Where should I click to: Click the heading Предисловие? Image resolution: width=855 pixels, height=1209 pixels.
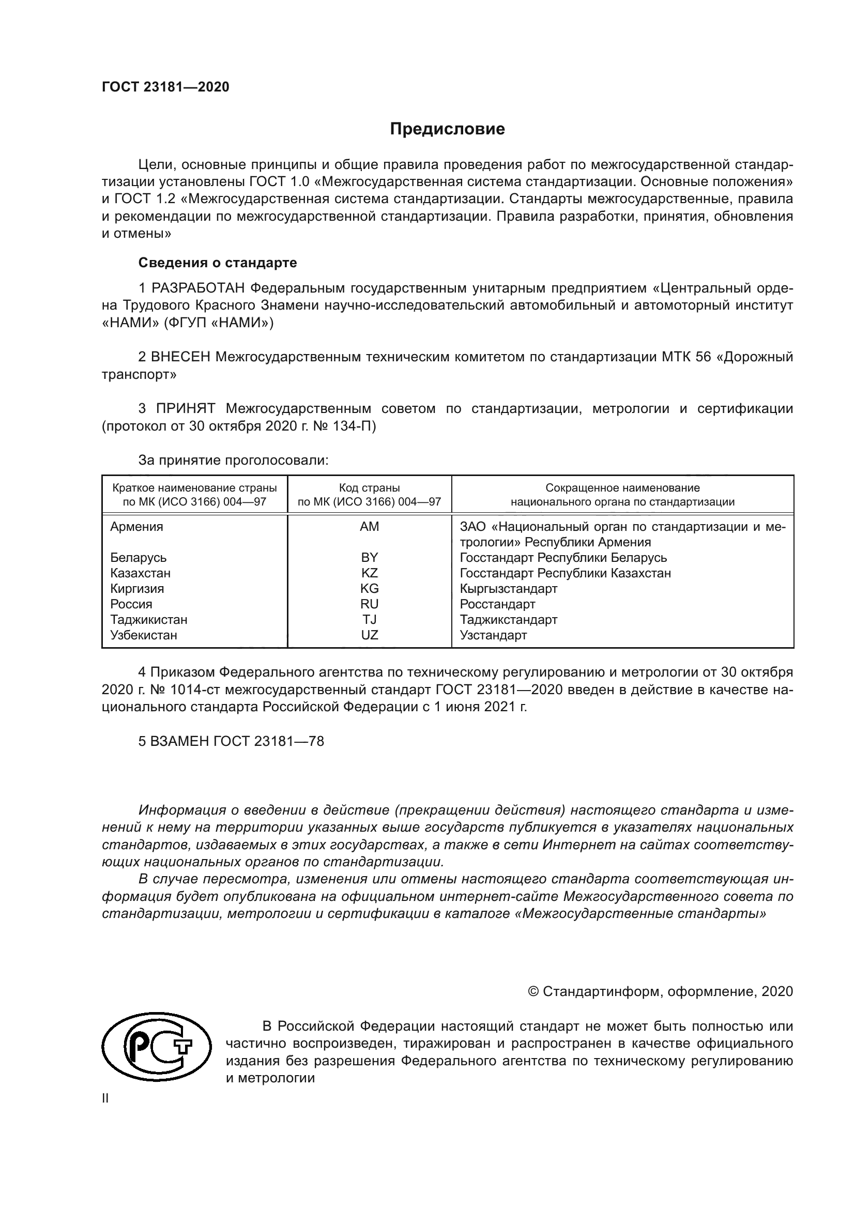(x=447, y=129)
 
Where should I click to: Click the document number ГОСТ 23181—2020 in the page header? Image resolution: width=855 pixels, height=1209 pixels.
(x=165, y=87)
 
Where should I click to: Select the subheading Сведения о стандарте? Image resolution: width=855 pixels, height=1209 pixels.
(x=218, y=262)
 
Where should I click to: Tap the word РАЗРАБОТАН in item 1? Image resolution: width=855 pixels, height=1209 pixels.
(x=198, y=288)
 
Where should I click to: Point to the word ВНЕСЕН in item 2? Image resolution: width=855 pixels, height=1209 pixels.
(x=180, y=357)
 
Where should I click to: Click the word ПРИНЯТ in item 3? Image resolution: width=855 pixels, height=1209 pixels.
(x=186, y=409)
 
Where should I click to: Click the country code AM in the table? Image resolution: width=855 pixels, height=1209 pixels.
(x=369, y=527)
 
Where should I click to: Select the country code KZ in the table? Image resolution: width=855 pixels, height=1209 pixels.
(x=369, y=573)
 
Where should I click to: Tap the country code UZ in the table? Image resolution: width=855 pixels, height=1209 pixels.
(x=369, y=635)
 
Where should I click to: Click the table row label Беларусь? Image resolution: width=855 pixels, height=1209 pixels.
(x=138, y=558)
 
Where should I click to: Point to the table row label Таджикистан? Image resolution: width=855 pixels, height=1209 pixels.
(x=148, y=620)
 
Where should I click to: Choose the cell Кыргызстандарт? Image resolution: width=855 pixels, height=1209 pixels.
(x=508, y=589)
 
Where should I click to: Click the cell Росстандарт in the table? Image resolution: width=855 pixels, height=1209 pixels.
(x=497, y=604)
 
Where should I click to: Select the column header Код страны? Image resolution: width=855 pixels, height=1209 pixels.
(x=369, y=488)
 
